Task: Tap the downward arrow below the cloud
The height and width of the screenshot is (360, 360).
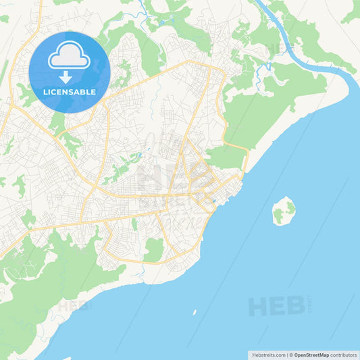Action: tap(70, 77)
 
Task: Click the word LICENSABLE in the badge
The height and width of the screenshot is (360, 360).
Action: tap(70, 92)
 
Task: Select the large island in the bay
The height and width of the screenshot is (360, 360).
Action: tap(283, 211)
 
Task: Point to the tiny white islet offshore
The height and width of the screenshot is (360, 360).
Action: tap(195, 313)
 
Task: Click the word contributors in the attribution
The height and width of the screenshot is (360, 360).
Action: tap(344, 354)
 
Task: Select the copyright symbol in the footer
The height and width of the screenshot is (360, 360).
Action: tap(290, 354)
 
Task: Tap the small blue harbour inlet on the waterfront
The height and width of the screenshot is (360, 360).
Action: tap(213, 201)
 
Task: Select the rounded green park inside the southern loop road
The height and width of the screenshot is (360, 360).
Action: tap(154, 251)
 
